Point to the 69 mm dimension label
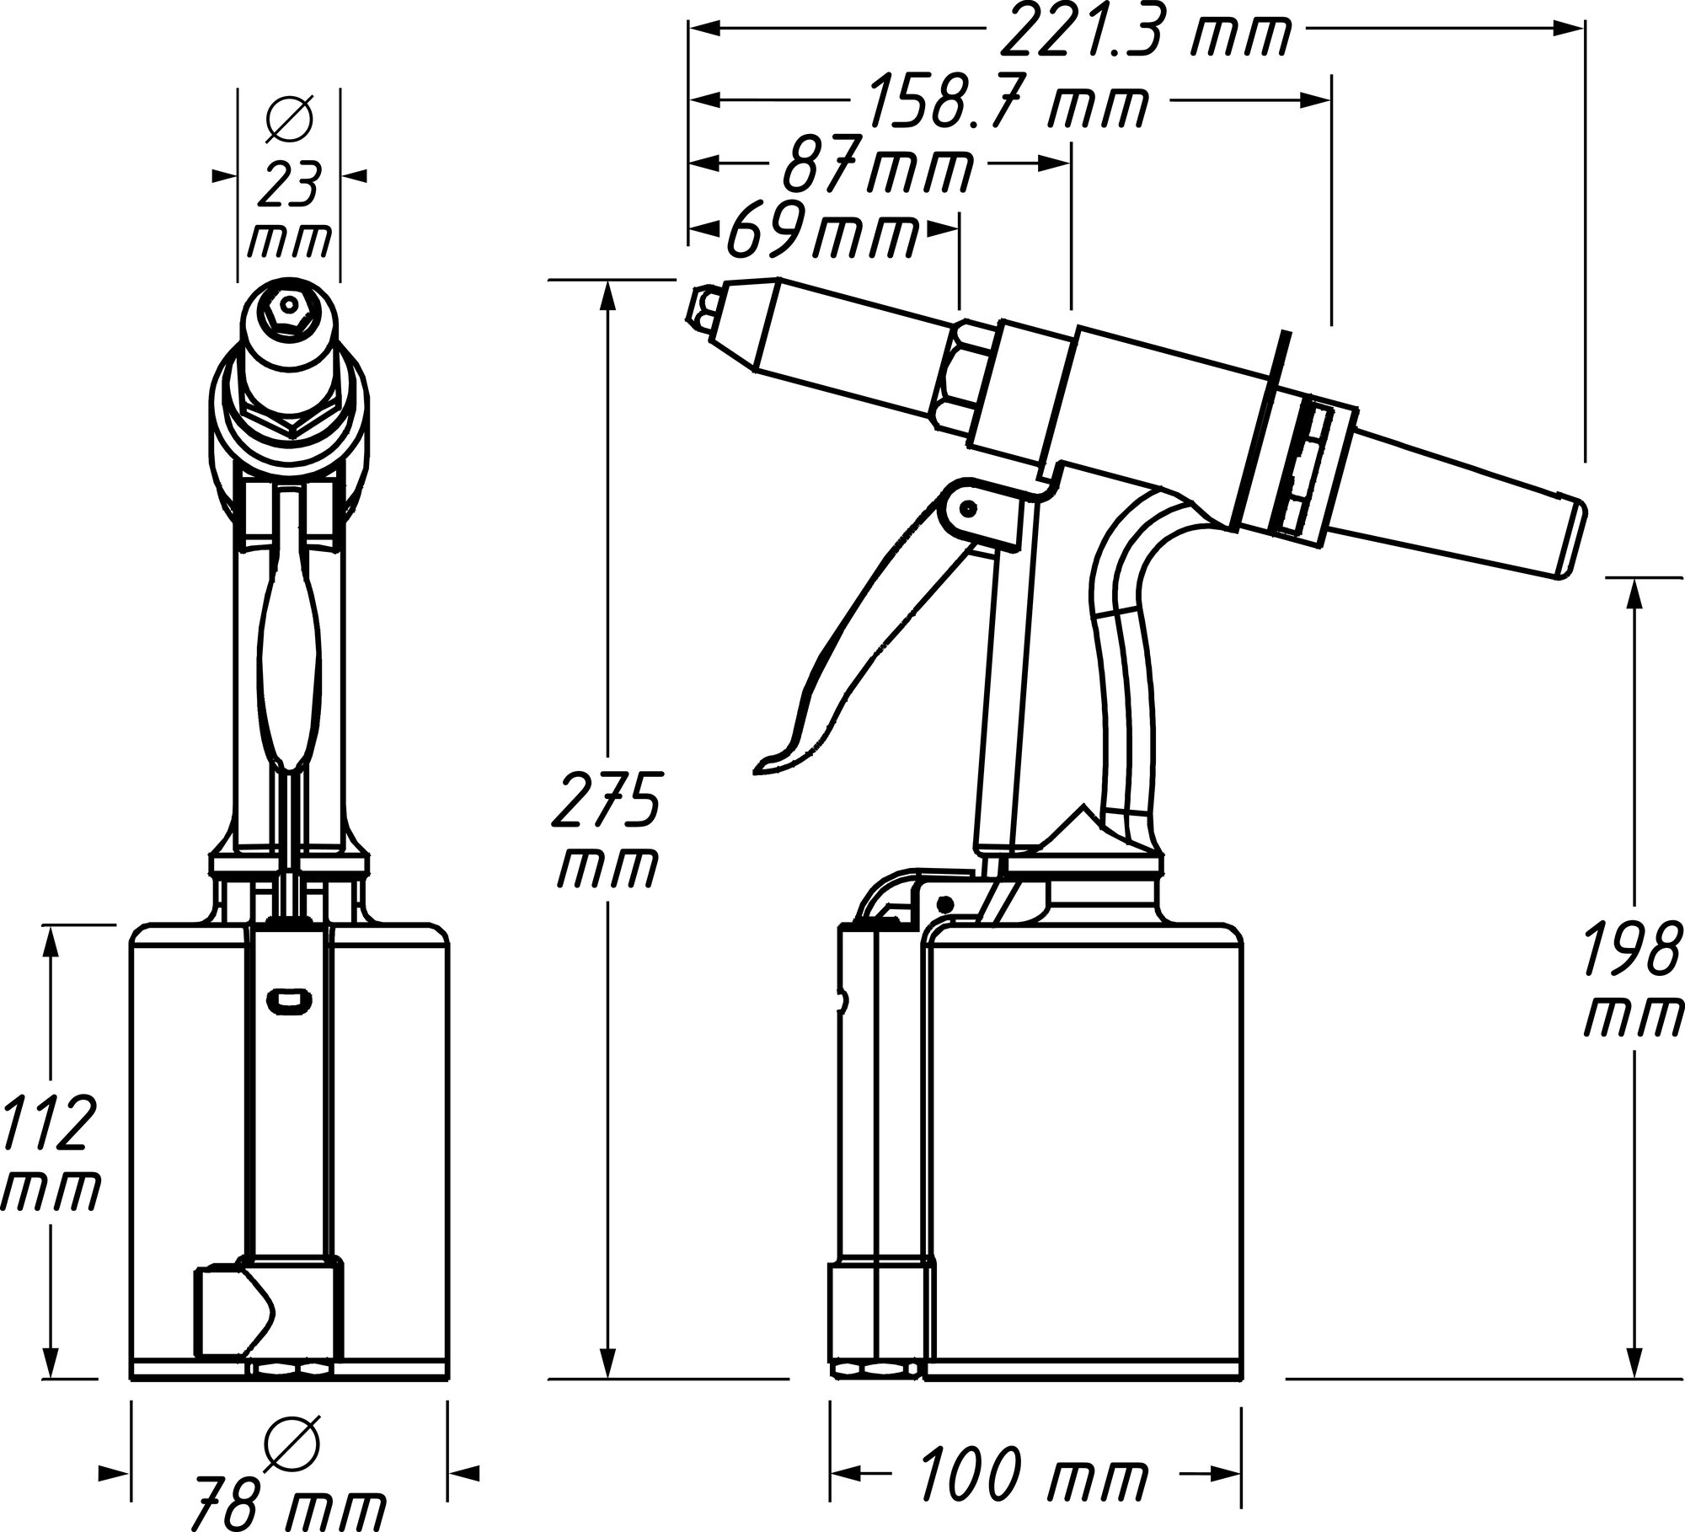click(821, 233)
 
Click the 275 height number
click(605, 797)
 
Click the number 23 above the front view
click(288, 185)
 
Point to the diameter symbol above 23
click(289, 118)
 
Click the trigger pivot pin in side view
click(969, 508)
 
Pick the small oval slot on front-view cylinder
click(289, 1000)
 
